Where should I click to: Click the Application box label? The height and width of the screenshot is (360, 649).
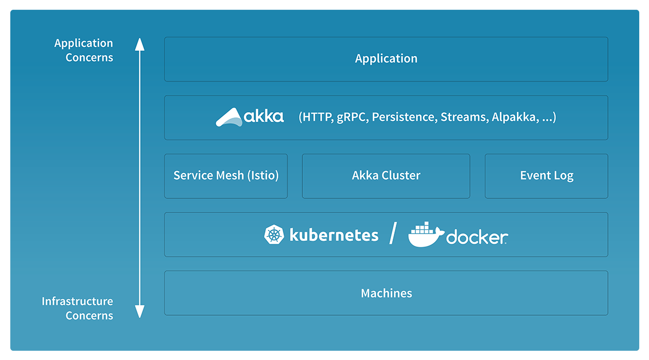[386, 59]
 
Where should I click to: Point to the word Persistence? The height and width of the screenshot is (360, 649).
[403, 117]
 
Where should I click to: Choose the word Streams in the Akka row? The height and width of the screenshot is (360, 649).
[463, 117]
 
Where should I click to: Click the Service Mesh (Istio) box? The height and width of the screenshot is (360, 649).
[226, 176]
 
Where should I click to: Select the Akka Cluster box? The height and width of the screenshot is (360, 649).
[386, 176]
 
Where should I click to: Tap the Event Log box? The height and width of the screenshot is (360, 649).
[546, 176]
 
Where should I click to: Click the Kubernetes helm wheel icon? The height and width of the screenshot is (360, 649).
[274, 235]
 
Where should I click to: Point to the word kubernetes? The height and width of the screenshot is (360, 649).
[334, 235]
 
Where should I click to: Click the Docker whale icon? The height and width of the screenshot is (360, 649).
[425, 235]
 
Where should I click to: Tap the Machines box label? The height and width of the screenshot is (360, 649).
[386, 294]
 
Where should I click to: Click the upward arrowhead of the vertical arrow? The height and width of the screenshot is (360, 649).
[140, 43]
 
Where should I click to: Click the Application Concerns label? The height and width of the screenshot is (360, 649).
[84, 50]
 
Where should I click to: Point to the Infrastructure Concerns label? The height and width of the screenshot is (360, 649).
[77, 308]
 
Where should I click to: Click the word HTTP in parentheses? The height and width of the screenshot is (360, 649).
[316, 117]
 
